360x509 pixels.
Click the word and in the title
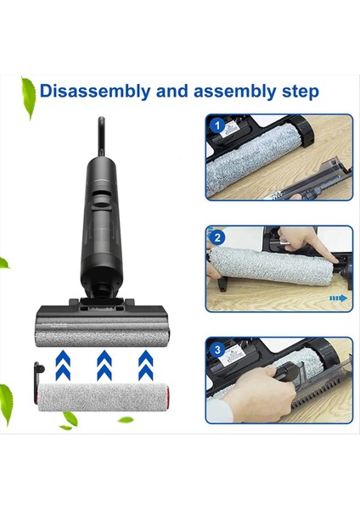[x=169, y=90]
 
